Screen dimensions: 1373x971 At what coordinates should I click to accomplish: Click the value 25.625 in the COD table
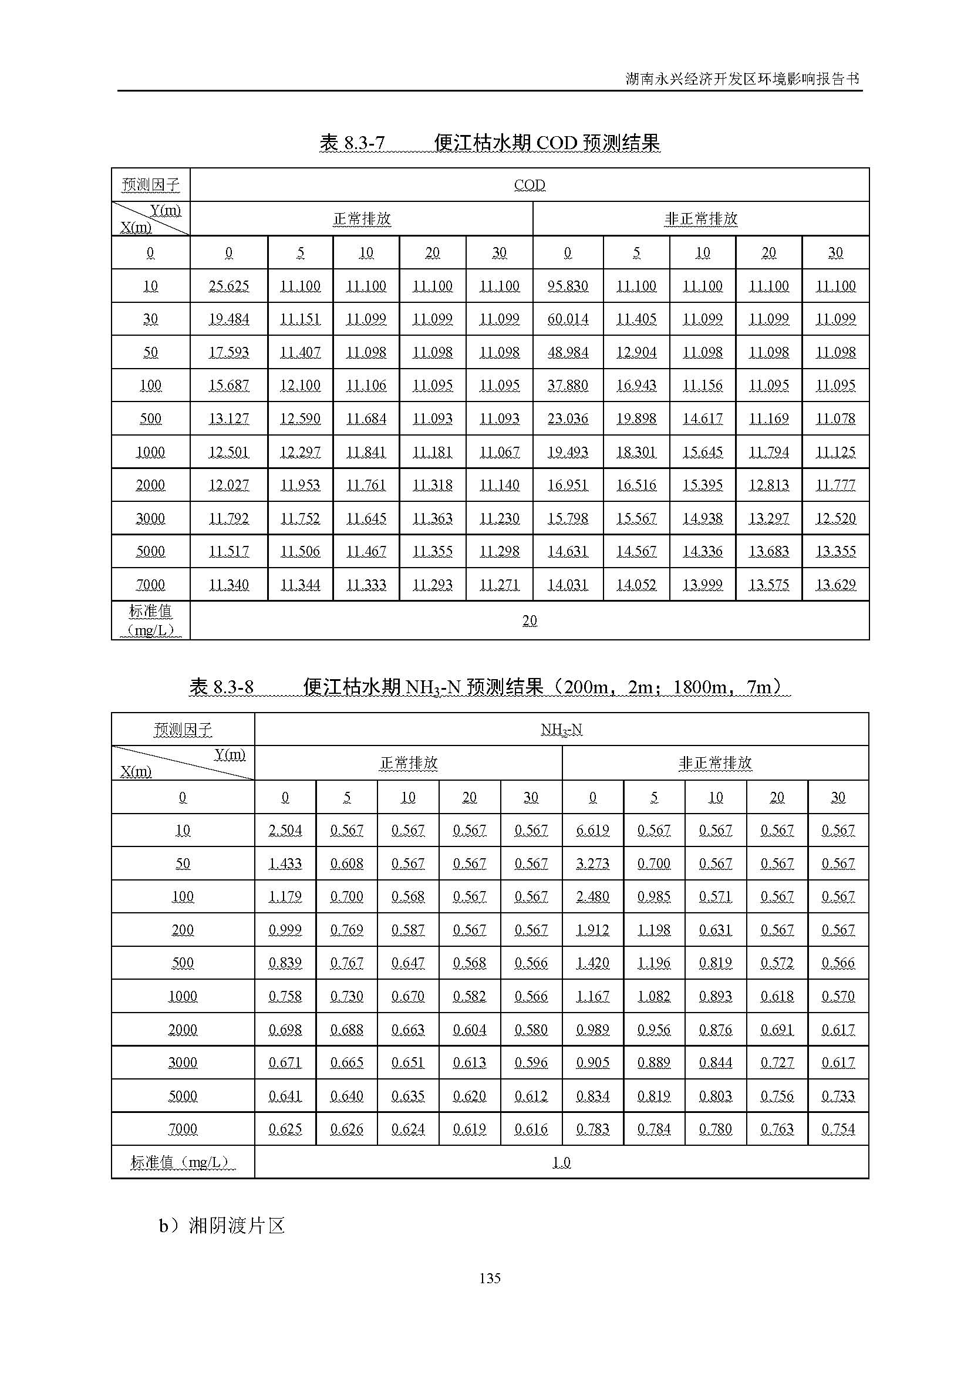pyautogui.click(x=228, y=286)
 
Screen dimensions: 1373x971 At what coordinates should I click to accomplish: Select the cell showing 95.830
pyautogui.click(x=568, y=286)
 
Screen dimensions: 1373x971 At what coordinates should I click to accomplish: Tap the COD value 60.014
pyautogui.click(x=568, y=319)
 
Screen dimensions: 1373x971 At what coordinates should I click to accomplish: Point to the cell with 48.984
pyautogui.click(x=568, y=352)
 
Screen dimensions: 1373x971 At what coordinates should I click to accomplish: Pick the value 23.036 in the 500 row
pyautogui.click(x=568, y=419)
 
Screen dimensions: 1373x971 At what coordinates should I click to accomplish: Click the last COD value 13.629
pyautogui.click(x=835, y=584)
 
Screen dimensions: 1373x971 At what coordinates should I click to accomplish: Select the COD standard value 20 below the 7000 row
pyautogui.click(x=529, y=620)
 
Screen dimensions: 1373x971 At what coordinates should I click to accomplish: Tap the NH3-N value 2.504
pyautogui.click(x=285, y=830)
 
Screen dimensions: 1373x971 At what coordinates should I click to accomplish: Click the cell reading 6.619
pyautogui.click(x=592, y=830)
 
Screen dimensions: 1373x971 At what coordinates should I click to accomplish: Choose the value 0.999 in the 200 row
pyautogui.click(x=285, y=930)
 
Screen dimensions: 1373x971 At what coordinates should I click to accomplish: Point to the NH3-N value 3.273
pyautogui.click(x=592, y=863)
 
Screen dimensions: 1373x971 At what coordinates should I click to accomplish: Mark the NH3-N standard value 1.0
pyautogui.click(x=561, y=1162)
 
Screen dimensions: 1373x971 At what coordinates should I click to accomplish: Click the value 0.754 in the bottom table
pyautogui.click(x=838, y=1128)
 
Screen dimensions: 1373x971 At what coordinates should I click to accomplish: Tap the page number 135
pyautogui.click(x=490, y=1278)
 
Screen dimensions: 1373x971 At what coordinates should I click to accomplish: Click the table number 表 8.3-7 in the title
pyautogui.click(x=352, y=143)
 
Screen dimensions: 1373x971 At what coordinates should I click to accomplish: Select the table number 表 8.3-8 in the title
pyautogui.click(x=221, y=687)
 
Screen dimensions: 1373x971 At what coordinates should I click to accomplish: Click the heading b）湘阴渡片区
pyautogui.click(x=221, y=1225)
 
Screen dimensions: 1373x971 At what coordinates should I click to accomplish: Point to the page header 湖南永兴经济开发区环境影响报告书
pyautogui.click(x=742, y=79)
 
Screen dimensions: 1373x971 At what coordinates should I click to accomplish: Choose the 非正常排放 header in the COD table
pyautogui.click(x=701, y=219)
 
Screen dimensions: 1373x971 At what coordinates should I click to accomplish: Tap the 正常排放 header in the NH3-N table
pyautogui.click(x=409, y=763)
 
